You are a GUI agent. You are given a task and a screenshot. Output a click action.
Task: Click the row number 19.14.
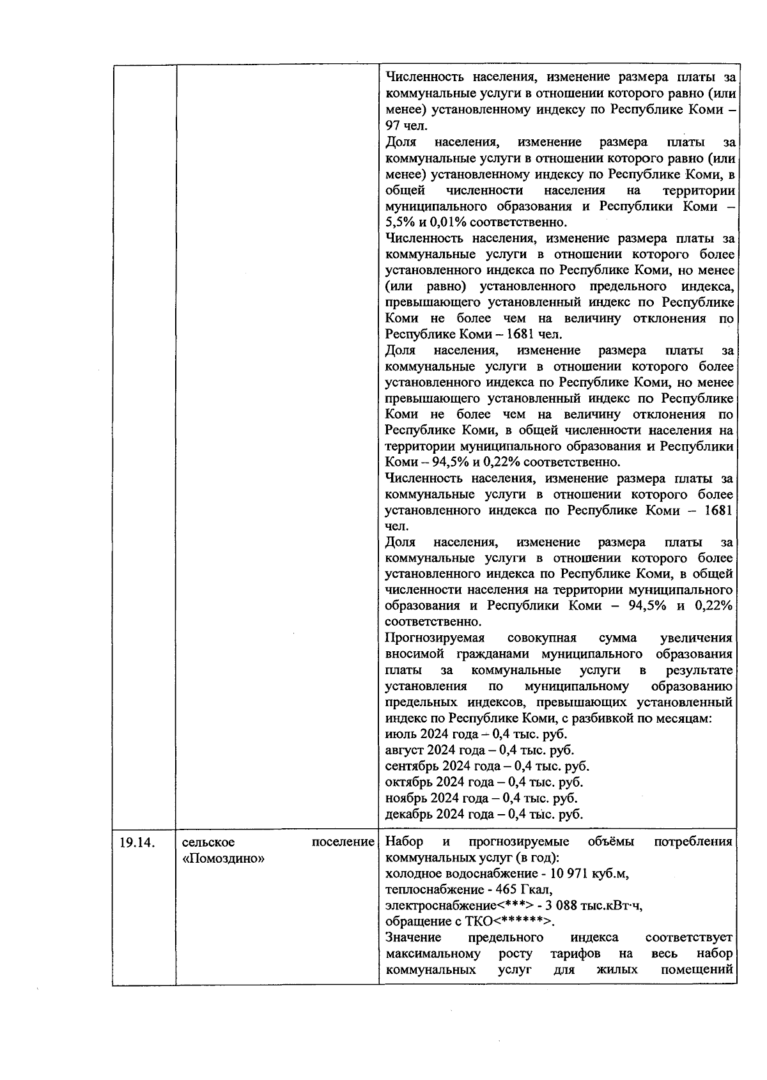click(x=137, y=842)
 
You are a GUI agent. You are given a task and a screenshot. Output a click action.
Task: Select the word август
click(x=405, y=750)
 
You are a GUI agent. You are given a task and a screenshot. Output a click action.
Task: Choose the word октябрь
click(x=409, y=782)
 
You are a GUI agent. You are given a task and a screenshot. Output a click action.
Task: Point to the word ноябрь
click(x=407, y=798)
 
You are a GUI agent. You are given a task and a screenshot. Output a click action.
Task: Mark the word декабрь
click(x=409, y=814)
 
